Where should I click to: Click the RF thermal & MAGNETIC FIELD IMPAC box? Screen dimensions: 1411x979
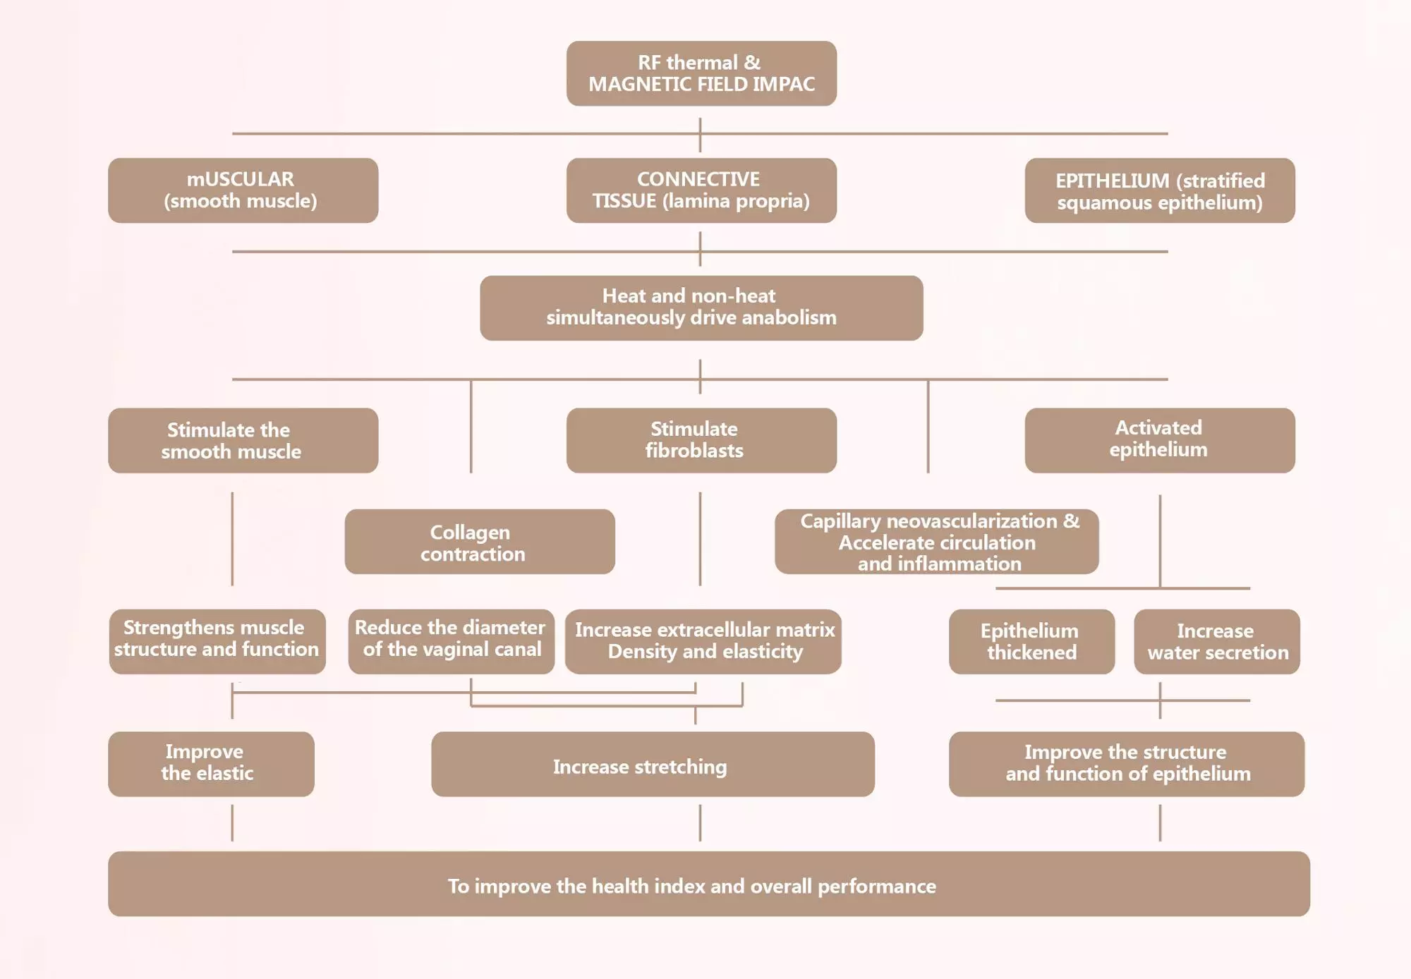(x=701, y=73)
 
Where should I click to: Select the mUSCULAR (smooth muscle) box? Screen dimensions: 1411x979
(x=243, y=190)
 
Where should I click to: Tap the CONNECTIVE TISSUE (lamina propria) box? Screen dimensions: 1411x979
(x=701, y=190)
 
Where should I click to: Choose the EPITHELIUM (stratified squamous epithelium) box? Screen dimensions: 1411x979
(x=1160, y=190)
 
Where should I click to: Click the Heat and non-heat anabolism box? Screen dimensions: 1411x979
(x=701, y=308)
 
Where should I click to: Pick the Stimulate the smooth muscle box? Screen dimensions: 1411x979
(x=243, y=440)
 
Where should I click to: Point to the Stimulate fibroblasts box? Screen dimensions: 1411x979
(x=701, y=440)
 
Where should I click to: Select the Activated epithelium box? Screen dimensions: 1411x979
(x=1160, y=440)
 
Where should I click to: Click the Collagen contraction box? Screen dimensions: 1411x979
(x=480, y=542)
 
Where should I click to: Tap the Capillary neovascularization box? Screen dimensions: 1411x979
(x=937, y=542)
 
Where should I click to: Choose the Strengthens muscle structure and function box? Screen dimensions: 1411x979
(x=217, y=642)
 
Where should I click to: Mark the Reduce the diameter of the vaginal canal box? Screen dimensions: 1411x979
(x=452, y=642)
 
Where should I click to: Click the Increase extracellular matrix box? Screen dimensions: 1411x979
(x=703, y=642)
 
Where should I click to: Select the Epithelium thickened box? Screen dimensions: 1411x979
(x=1032, y=642)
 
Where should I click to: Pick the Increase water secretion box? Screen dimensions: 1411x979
(x=1217, y=642)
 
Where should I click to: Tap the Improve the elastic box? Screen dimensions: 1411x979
(x=211, y=764)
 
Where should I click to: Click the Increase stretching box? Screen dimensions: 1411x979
(x=653, y=764)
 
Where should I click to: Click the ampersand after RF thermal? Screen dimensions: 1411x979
(x=753, y=62)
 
